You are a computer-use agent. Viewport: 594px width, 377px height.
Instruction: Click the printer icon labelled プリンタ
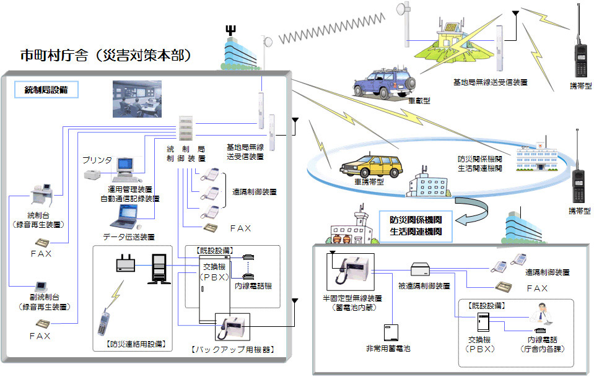click(94, 176)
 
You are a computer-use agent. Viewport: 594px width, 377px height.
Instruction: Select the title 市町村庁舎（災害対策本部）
click(105, 56)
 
